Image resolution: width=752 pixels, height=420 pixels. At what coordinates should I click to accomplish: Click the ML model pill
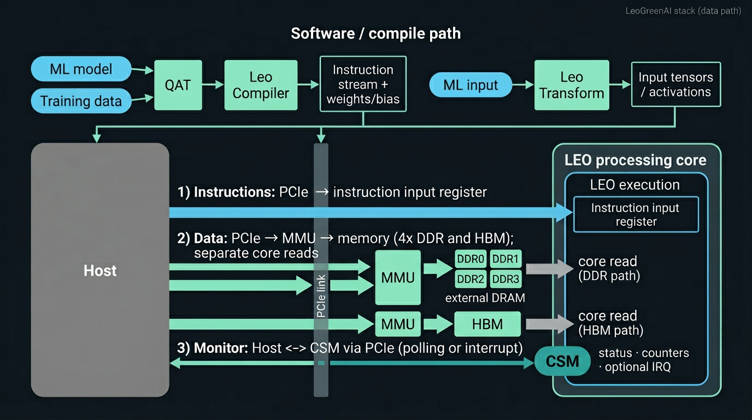[81, 69]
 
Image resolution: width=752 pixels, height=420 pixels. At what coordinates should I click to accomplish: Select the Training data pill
[81, 101]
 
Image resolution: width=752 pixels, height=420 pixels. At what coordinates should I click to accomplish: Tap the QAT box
[178, 85]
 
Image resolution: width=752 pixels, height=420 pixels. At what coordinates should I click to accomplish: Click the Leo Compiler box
[261, 85]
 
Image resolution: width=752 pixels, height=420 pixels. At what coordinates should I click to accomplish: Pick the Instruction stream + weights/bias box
[363, 84]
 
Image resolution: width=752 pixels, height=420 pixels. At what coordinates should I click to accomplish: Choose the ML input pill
[471, 85]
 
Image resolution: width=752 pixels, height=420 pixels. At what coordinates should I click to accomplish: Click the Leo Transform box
[572, 85]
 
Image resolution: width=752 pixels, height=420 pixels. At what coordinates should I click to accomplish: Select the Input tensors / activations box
[675, 84]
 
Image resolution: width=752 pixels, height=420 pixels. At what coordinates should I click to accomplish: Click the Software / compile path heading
[375, 33]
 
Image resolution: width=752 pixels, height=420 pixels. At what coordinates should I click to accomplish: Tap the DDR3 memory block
[506, 279]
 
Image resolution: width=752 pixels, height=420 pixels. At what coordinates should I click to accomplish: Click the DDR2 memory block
[471, 279]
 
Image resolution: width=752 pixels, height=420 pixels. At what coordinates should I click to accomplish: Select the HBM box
[487, 324]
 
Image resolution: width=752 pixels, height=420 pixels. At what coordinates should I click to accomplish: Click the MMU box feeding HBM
[398, 324]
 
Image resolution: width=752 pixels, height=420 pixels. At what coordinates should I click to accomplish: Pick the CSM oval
[562, 361]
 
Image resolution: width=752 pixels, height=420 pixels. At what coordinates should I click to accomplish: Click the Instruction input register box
[636, 214]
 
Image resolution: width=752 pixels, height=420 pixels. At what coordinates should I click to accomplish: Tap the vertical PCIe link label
[321, 296]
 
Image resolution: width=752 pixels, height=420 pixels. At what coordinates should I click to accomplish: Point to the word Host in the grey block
[100, 271]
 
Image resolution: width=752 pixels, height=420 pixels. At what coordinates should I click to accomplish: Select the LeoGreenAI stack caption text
[683, 11]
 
